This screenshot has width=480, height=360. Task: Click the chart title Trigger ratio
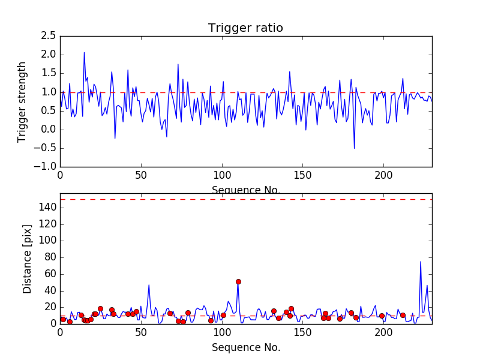coord(245,28)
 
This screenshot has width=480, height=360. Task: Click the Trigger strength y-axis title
coord(22,101)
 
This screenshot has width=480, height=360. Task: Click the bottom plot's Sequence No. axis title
coord(245,347)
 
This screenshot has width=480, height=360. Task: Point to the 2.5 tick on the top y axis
coord(48,36)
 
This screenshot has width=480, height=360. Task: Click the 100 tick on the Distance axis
coord(48,241)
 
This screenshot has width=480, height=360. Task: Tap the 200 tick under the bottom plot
coord(383,332)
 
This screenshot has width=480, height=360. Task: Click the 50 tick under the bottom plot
coord(141,332)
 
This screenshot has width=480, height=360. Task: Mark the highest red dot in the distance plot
coord(238,281)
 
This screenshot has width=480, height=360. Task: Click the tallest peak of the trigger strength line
coord(84,52)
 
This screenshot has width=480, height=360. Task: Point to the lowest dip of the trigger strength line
coord(354,148)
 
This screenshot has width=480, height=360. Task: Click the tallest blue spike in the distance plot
coord(421,261)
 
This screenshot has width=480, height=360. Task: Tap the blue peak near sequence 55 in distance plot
coord(149,284)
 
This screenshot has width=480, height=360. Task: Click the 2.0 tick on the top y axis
coord(48,55)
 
